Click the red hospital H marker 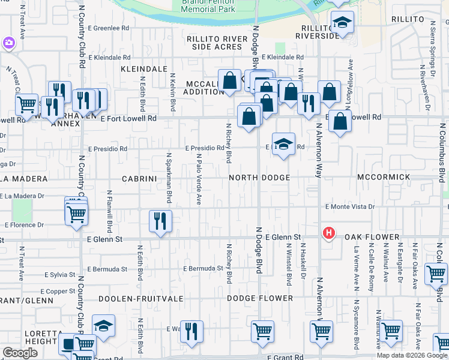(328, 233)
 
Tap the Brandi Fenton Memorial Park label (208, 7)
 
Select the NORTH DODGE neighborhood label (259, 178)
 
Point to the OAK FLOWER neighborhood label (372, 237)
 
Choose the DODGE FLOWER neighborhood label (260, 298)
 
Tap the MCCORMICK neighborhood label (383, 178)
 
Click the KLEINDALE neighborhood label (143, 70)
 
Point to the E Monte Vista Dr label (349, 206)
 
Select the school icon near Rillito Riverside (342, 23)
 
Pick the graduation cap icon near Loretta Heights (104, 325)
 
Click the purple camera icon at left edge (8, 43)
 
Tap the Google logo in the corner (20, 353)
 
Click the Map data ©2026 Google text (412, 355)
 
